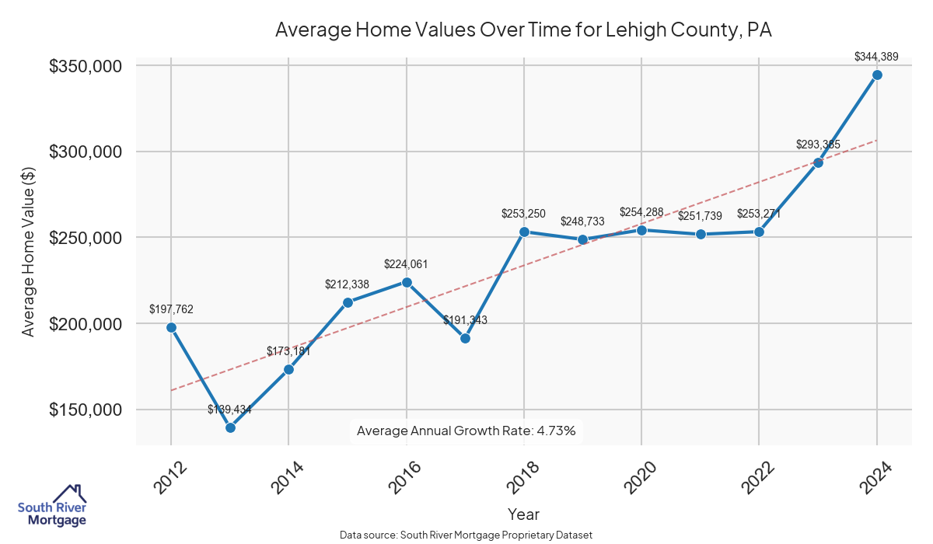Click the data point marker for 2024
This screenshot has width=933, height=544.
(877, 75)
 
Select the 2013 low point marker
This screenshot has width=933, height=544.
(230, 427)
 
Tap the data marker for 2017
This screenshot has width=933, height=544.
(465, 338)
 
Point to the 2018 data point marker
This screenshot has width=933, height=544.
(524, 232)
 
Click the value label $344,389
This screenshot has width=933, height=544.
(876, 56)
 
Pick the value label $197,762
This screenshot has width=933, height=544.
(171, 309)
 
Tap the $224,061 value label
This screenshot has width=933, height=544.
(406, 264)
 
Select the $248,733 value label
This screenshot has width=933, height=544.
(582, 221)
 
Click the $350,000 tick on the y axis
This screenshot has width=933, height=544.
(86, 66)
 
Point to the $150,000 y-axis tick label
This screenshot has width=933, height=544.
(86, 410)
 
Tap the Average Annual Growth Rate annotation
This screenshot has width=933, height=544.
(466, 431)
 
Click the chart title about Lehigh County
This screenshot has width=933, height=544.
(523, 30)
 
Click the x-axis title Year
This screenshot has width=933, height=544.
(523, 514)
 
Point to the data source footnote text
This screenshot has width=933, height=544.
(466, 535)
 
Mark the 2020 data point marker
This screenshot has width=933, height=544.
(641, 230)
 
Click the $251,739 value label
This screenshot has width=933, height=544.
(701, 216)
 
